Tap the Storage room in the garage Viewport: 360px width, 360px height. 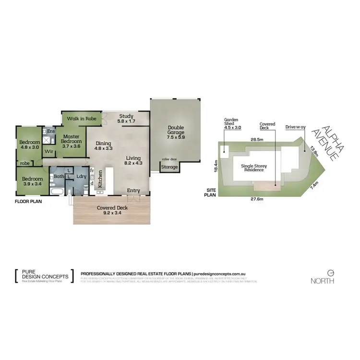[x=169, y=167]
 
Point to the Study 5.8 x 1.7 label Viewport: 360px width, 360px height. [x=126, y=119]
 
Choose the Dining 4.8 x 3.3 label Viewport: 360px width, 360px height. [x=104, y=146]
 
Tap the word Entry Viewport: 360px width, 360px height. [x=133, y=191]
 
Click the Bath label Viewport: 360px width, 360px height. [x=59, y=177]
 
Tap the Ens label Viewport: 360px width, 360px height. [x=51, y=130]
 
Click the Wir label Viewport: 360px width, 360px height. [x=48, y=152]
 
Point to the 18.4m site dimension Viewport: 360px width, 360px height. [x=217, y=165]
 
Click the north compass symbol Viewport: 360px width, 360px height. [x=330, y=272]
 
